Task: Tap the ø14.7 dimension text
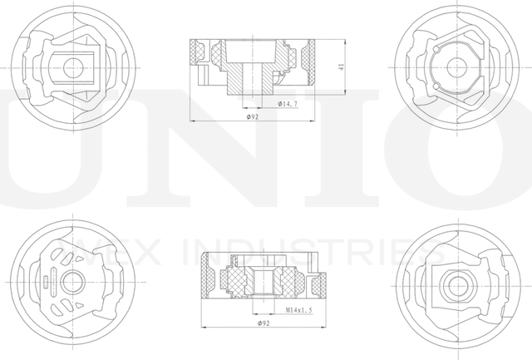pos(288,104)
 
